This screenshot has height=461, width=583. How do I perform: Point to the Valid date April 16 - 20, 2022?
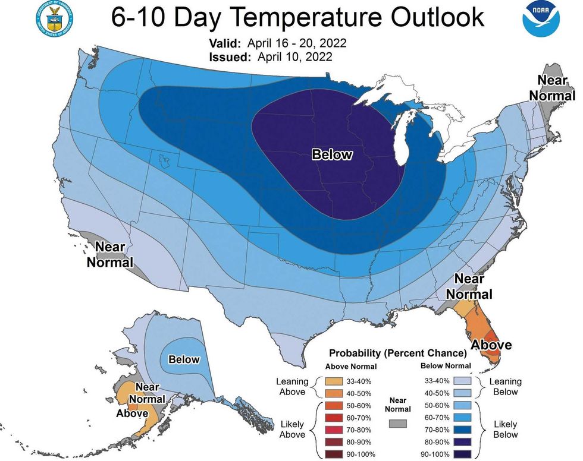click(x=302, y=44)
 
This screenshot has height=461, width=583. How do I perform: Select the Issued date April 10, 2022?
click(x=294, y=57)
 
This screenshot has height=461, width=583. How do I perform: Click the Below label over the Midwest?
click(x=333, y=155)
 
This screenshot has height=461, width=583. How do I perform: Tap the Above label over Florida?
click(x=491, y=344)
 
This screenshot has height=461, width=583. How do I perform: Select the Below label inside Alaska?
click(x=184, y=359)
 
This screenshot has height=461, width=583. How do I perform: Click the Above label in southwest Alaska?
click(x=132, y=413)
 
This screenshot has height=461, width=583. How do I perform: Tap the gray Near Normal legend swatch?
click(x=399, y=423)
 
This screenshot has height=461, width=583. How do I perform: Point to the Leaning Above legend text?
click(x=292, y=387)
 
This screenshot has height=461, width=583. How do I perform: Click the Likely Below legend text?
click(x=505, y=430)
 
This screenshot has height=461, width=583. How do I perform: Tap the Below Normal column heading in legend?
click(x=445, y=366)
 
